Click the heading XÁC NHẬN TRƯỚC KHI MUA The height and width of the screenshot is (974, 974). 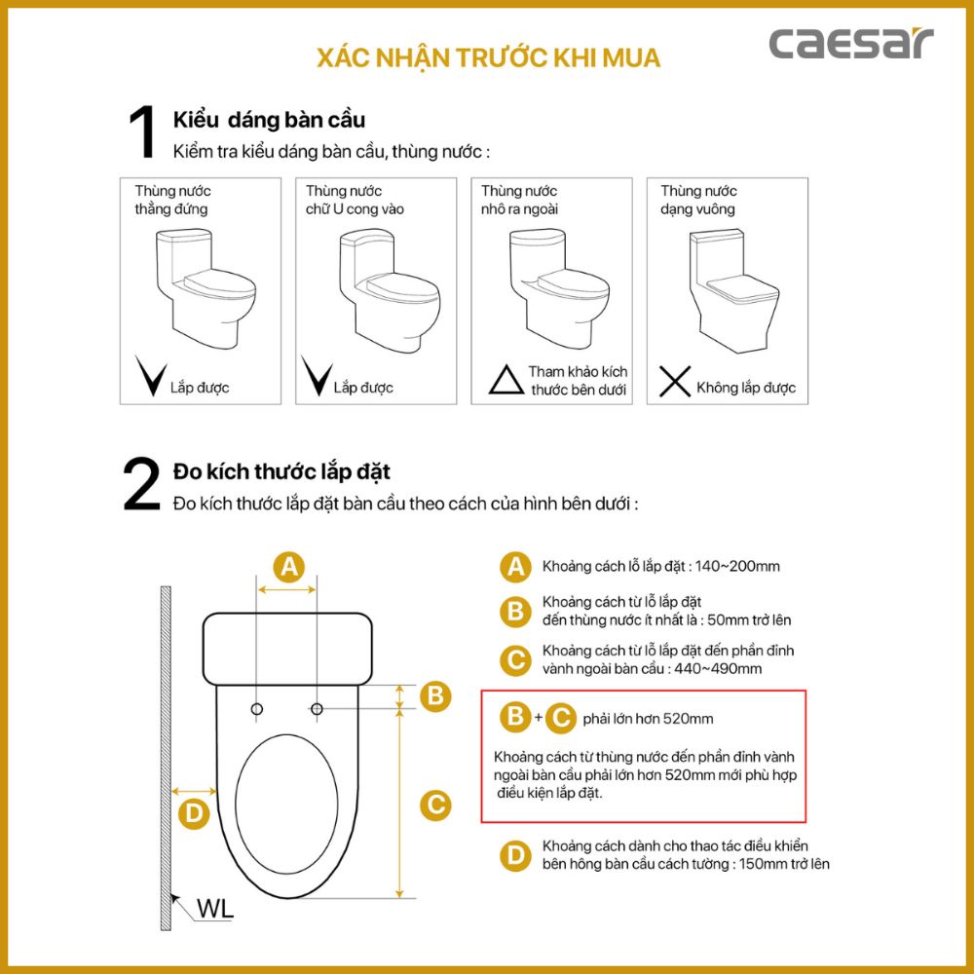click(x=489, y=57)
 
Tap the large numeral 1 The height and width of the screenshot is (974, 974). click(x=142, y=133)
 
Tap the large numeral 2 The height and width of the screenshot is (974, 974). click(x=141, y=484)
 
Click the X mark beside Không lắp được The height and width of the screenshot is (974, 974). click(x=675, y=383)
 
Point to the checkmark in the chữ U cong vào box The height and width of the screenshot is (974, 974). click(x=317, y=376)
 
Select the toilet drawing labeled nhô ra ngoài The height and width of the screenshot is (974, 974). click(x=555, y=288)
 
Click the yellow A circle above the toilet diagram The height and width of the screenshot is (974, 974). click(x=287, y=566)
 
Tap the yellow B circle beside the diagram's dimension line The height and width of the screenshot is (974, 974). click(x=436, y=695)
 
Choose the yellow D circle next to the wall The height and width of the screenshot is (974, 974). click(x=195, y=813)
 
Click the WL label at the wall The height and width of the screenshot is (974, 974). click(x=214, y=910)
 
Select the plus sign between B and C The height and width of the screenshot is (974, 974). click(x=538, y=718)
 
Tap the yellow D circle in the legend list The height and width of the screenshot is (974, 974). click(x=513, y=855)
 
